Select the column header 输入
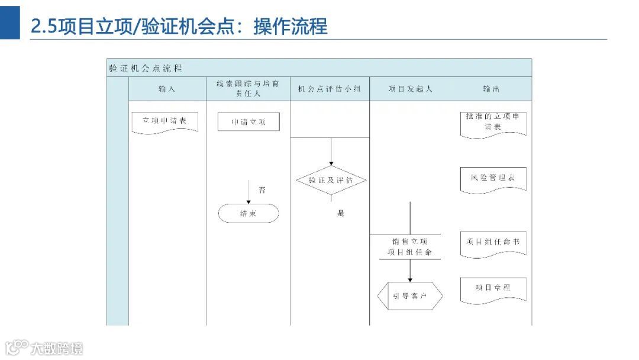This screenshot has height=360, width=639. [x=167, y=89]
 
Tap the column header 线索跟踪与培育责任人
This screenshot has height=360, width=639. [x=248, y=89]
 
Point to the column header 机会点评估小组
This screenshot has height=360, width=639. [x=330, y=89]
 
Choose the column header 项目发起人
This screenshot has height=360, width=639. [x=410, y=89]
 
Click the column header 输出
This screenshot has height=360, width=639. [x=491, y=89]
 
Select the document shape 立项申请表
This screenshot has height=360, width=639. [x=164, y=121]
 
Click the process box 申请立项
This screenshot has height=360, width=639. [x=248, y=122]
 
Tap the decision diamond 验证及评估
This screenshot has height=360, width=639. [x=331, y=180]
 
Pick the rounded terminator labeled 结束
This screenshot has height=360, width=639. [x=248, y=213]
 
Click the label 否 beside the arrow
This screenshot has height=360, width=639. [x=262, y=190]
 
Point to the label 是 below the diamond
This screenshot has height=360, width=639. [x=341, y=213]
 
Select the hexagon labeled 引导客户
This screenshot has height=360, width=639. [x=410, y=295]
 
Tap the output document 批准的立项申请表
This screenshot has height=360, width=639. [x=493, y=123]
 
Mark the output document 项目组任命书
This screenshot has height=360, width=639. [x=493, y=243]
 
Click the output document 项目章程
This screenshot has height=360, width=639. [x=493, y=289]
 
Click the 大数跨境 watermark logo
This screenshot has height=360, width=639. [x=44, y=347]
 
